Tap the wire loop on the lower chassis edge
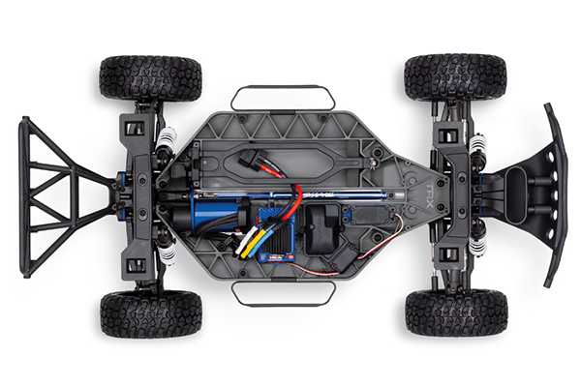tap(283, 293)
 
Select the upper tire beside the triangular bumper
tap(150, 77)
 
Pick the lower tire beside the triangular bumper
tap(150, 313)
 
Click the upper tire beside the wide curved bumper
tap(456, 76)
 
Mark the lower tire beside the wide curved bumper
tap(456, 312)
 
